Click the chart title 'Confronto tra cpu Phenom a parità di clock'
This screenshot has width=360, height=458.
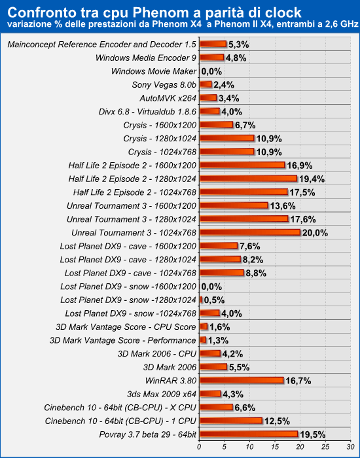click(154, 12)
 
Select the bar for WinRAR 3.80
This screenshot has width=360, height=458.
click(242, 380)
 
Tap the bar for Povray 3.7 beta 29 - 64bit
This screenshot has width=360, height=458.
click(249, 434)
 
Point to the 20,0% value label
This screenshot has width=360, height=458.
click(315, 233)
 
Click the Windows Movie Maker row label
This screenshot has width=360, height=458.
click(154, 71)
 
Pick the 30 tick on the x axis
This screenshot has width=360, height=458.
click(351, 447)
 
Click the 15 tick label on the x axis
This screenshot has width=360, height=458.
click(275, 447)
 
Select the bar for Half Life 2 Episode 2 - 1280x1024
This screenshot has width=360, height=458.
click(249, 179)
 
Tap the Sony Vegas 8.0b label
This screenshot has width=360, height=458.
click(164, 84)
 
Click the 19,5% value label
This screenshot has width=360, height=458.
click(313, 434)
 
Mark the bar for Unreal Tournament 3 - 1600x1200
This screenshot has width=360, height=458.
click(234, 205)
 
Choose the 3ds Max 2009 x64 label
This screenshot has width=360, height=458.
click(162, 394)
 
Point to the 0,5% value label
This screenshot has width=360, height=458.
click(214, 300)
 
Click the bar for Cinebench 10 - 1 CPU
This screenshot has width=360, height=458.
click(231, 421)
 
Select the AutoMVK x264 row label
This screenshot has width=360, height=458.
click(168, 98)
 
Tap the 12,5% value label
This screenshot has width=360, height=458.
click(277, 421)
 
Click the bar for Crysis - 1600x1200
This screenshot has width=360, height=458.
click(217, 125)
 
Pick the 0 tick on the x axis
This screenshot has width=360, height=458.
click(199, 447)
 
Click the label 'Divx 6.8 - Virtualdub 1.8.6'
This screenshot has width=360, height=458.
click(147, 112)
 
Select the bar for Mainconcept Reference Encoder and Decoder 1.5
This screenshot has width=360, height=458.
click(213, 44)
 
